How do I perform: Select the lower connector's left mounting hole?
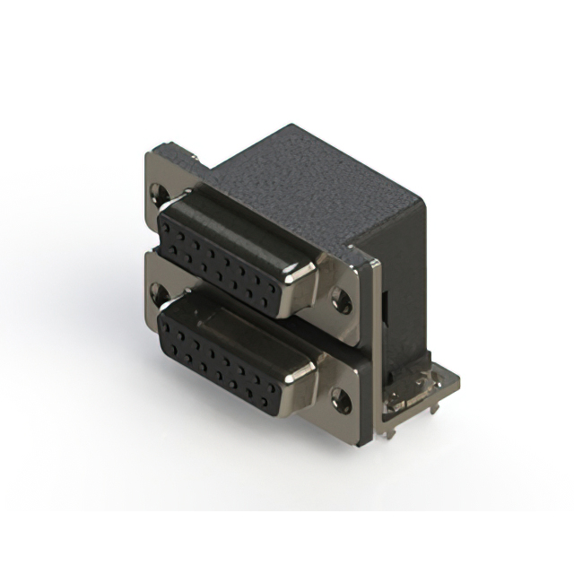(160, 291)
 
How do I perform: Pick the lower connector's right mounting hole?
(342, 395)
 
